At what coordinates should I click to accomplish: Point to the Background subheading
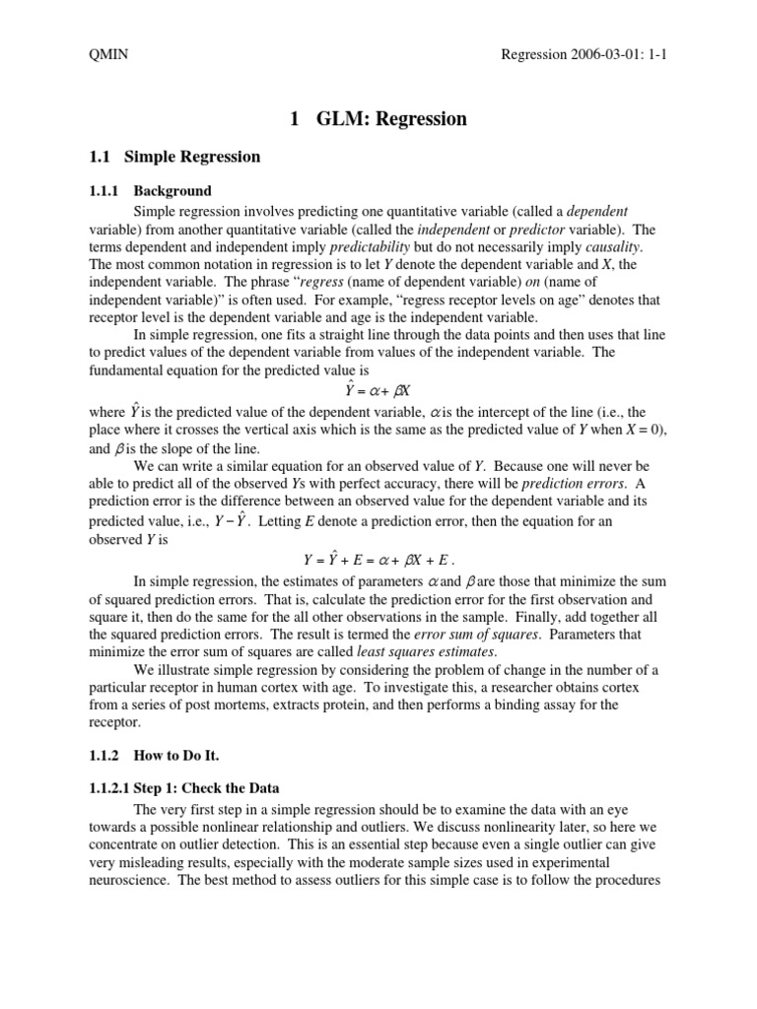point(172,191)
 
